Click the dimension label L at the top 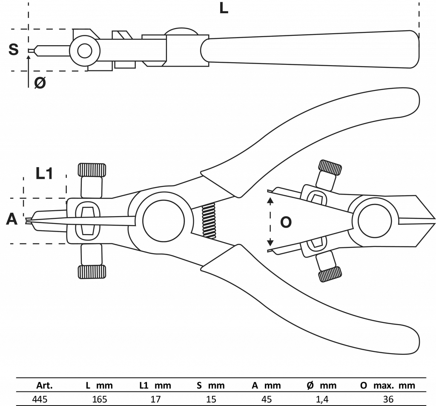point(224,8)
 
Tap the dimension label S point(14,49)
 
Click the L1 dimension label point(44,173)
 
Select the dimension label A point(12,220)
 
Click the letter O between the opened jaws point(286,222)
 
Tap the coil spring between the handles point(209,220)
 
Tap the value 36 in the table point(387,399)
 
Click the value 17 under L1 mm point(155,399)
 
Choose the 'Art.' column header point(44,386)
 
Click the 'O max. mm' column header point(387,386)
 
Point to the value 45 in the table point(266,399)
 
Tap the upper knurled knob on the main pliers point(92,169)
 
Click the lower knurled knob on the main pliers point(92,271)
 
